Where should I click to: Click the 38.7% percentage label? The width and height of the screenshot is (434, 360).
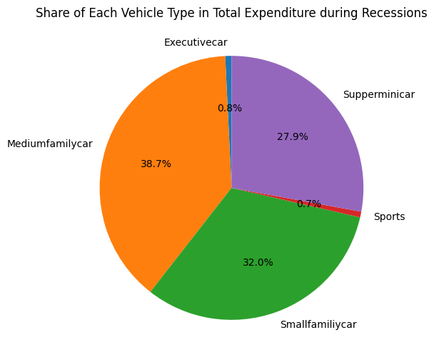pyautogui.click(x=156, y=164)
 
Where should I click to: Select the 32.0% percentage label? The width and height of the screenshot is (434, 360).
pyautogui.click(x=258, y=262)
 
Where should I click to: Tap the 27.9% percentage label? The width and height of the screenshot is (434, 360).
pyautogui.click(x=293, y=136)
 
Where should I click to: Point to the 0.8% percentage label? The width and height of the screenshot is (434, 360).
pyautogui.click(x=230, y=108)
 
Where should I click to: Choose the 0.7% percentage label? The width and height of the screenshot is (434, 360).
pyautogui.click(x=309, y=204)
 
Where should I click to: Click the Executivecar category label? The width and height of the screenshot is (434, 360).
pyautogui.click(x=196, y=42)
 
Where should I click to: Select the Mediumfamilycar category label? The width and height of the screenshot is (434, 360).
pyautogui.click(x=50, y=144)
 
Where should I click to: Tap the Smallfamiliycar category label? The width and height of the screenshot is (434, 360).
pyautogui.click(x=318, y=324)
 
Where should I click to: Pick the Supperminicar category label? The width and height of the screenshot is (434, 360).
pyautogui.click(x=378, y=94)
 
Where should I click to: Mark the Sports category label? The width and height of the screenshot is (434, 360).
pyautogui.click(x=390, y=216)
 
